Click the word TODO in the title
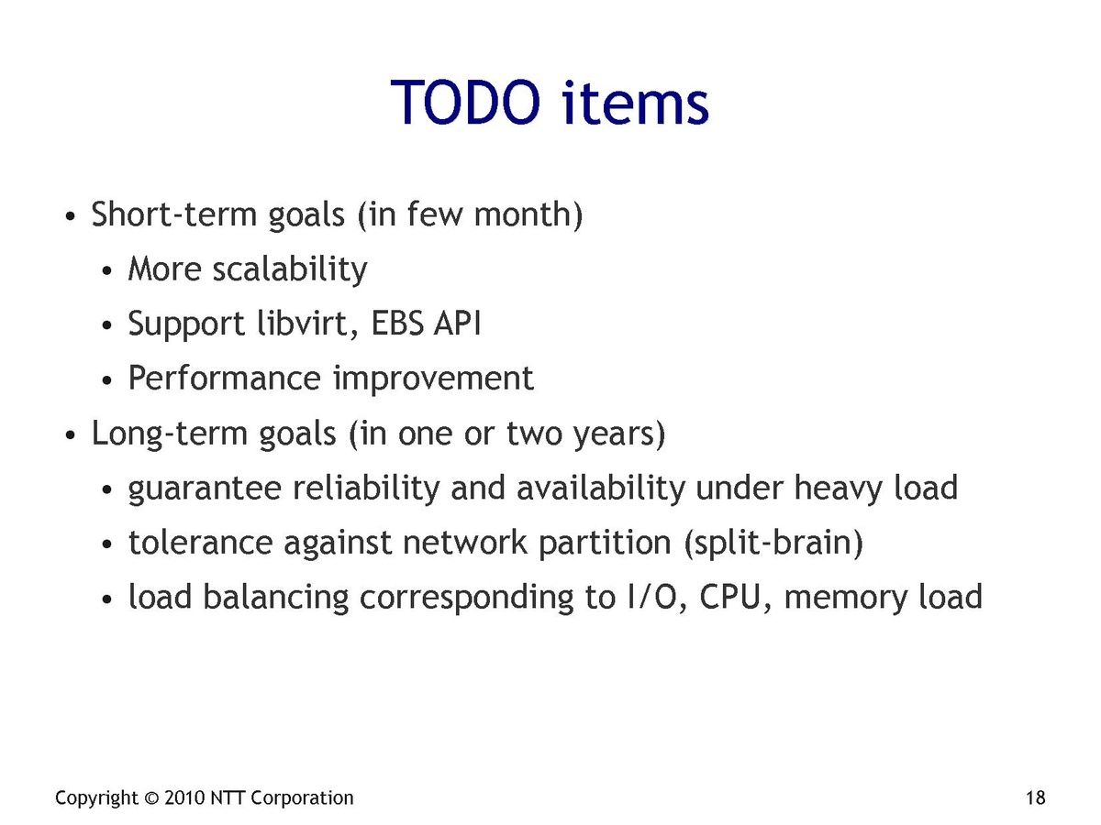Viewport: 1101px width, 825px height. (465, 102)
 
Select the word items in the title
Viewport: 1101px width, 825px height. (635, 102)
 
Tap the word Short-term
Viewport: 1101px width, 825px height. (174, 214)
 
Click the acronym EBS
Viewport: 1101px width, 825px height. (396, 324)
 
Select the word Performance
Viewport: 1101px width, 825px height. (224, 378)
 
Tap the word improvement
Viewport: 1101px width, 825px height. (433, 379)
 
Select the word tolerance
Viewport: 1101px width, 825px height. (200, 543)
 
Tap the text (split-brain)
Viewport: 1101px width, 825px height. (773, 544)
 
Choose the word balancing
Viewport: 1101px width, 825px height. (275, 598)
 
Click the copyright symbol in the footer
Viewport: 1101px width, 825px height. (151, 797)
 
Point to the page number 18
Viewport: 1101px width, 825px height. (1035, 797)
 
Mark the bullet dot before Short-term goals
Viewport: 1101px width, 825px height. (71, 217)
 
